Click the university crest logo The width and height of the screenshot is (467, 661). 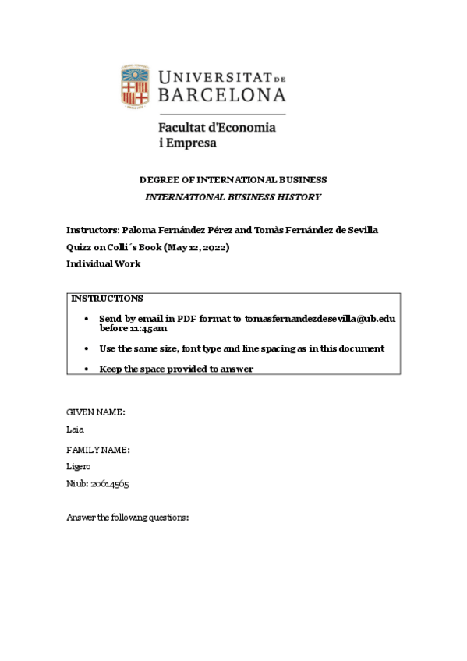[135, 85]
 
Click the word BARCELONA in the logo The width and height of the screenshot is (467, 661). [222, 94]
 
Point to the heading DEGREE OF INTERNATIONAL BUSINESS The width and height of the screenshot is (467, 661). [232, 180]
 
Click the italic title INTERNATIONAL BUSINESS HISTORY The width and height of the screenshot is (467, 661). [233, 197]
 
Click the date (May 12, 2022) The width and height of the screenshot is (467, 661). [196, 247]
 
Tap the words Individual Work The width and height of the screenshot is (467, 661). [104, 263]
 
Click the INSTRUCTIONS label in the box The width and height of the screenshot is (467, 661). [107, 299]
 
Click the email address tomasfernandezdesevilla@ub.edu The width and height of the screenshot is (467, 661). [320, 319]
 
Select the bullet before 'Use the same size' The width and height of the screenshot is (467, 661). [86, 349]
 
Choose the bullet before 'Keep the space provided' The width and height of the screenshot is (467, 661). [86, 369]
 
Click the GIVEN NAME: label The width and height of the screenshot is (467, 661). [96, 412]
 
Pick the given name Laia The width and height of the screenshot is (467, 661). [75, 429]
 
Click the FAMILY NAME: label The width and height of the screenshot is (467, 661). [98, 450]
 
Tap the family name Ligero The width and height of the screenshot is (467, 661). [79, 467]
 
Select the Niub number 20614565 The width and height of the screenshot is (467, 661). [110, 484]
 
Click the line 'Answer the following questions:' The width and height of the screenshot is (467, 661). [128, 518]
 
